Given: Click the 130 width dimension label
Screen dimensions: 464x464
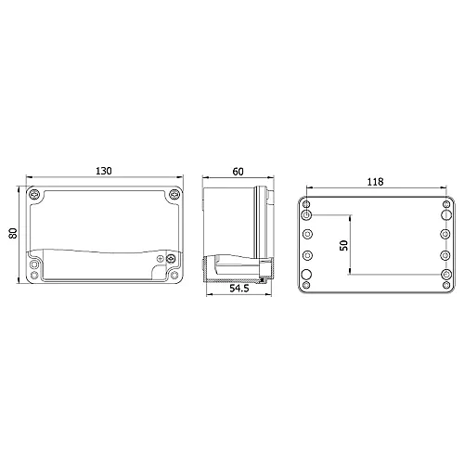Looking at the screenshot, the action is [x=104, y=171].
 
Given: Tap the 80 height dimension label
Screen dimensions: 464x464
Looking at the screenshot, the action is [x=13, y=233].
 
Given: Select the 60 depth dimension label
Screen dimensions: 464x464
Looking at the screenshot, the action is [x=238, y=172].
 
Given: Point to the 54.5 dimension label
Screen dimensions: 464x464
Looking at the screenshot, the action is [x=239, y=289].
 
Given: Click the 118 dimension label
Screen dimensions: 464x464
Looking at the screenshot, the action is [x=375, y=182].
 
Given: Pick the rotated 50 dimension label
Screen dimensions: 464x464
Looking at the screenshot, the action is [x=343, y=245].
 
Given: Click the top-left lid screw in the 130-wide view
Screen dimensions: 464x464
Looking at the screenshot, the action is [x=34, y=195].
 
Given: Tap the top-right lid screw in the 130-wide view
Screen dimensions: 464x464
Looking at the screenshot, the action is [x=174, y=195].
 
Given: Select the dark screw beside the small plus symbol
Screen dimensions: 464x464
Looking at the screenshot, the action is [x=170, y=259].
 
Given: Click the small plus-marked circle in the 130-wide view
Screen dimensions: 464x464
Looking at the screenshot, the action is [x=161, y=259].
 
